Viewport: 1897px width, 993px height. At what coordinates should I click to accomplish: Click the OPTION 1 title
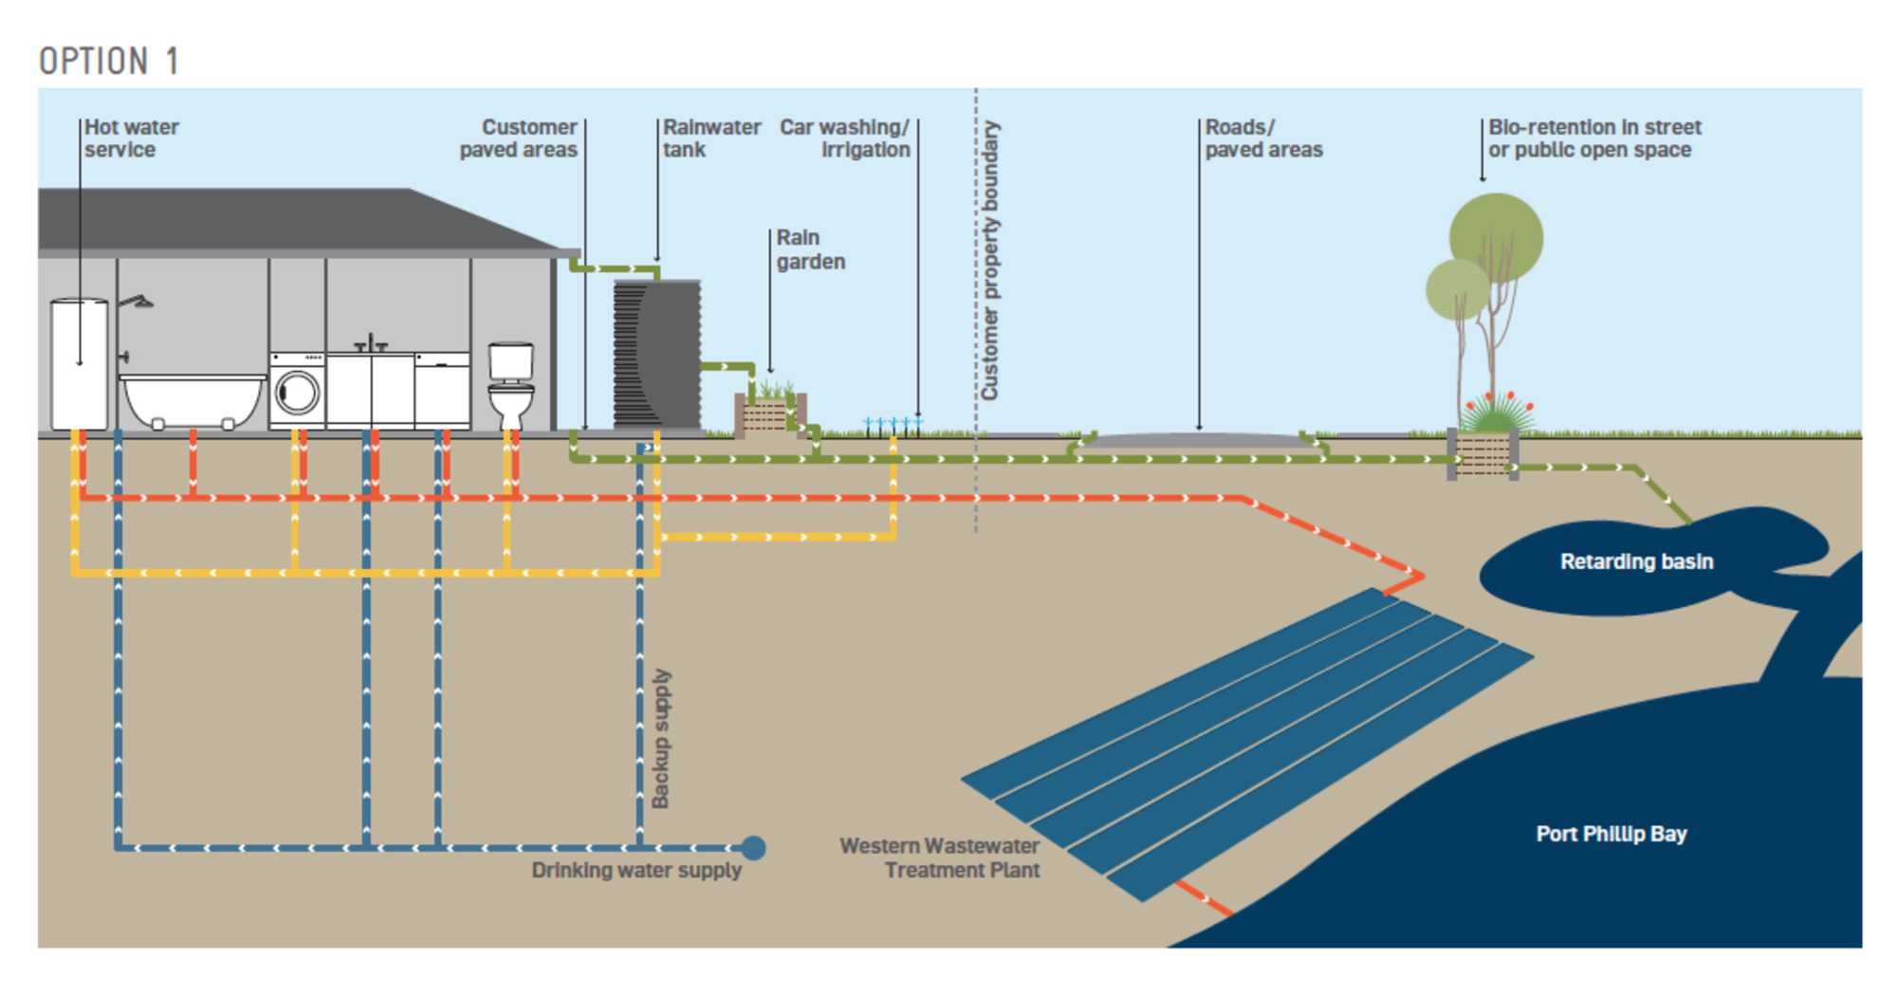click(108, 62)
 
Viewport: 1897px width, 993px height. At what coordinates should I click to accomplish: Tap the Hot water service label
click(131, 138)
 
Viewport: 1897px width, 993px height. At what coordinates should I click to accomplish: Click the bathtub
click(193, 398)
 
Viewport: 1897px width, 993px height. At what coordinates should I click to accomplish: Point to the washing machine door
click(298, 393)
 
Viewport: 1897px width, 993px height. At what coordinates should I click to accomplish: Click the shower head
click(140, 303)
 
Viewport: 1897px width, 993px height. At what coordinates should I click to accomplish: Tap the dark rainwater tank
click(656, 353)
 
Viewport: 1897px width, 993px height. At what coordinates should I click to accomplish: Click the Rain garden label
click(810, 249)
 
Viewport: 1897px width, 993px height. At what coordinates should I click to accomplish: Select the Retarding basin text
click(1636, 561)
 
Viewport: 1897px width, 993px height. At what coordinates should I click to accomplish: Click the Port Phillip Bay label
click(1611, 834)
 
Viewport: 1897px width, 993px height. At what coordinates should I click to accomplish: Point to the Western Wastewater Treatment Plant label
click(939, 857)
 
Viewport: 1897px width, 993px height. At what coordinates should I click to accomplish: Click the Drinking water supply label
click(635, 871)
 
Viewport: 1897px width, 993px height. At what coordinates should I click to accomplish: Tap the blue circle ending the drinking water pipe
click(753, 848)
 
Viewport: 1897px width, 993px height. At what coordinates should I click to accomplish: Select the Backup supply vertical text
click(661, 739)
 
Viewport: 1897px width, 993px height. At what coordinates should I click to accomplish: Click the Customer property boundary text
click(989, 260)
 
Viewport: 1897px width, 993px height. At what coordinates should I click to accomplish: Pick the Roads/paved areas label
click(1262, 138)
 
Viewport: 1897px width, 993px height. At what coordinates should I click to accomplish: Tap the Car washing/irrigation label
click(844, 138)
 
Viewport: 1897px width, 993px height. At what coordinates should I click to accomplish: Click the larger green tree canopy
click(1496, 237)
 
